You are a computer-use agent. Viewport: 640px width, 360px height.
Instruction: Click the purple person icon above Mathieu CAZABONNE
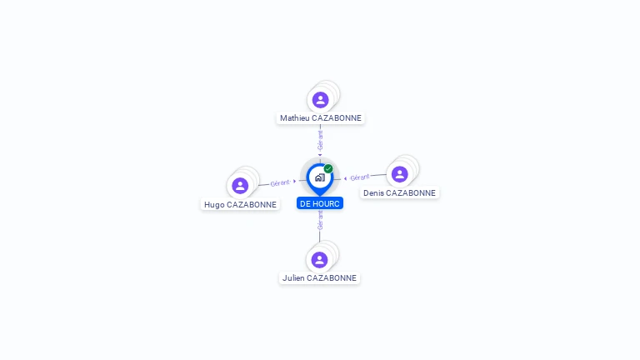320,100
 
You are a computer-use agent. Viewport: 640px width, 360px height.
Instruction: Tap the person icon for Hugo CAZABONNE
240,186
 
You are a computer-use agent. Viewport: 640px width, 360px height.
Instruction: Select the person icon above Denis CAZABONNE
400,174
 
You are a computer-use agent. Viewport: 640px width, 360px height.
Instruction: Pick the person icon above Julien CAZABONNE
319,260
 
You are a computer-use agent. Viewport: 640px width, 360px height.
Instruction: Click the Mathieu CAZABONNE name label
320,118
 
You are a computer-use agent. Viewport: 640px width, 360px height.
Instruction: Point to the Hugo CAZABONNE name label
240,204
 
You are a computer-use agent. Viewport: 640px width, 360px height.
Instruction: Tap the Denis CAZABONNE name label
399,193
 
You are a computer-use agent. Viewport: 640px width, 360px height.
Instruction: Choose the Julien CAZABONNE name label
319,278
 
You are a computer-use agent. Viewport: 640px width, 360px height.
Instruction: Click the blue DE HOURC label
320,203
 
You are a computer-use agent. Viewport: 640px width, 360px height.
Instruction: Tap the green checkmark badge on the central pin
328,168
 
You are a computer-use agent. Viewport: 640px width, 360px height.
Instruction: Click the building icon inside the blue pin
320,177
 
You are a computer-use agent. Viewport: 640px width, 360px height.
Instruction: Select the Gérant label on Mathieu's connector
320,140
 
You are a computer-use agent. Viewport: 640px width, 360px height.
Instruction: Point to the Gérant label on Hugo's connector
280,182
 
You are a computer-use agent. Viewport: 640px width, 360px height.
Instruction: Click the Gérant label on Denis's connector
360,177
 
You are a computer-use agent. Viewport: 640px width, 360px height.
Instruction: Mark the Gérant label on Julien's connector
320,220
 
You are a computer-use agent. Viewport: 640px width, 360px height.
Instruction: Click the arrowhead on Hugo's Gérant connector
294,181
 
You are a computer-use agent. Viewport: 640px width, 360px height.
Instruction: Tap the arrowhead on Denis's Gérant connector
345,178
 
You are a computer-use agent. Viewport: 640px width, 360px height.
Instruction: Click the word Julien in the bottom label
293,278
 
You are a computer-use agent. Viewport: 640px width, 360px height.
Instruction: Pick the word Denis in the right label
373,193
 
